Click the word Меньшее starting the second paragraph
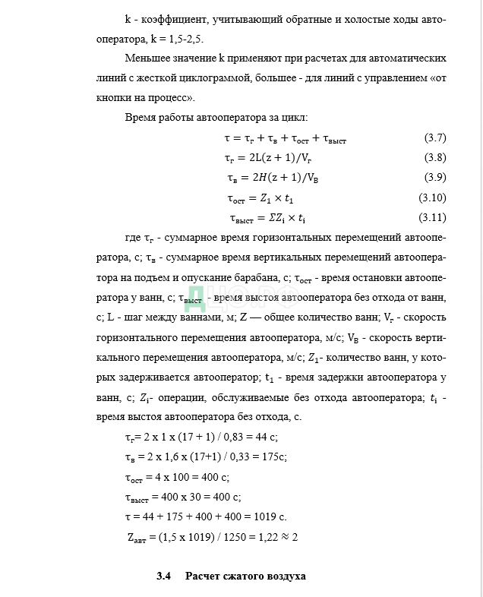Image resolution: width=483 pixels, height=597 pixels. [x=147, y=58]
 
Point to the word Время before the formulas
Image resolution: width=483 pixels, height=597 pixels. [x=142, y=118]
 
